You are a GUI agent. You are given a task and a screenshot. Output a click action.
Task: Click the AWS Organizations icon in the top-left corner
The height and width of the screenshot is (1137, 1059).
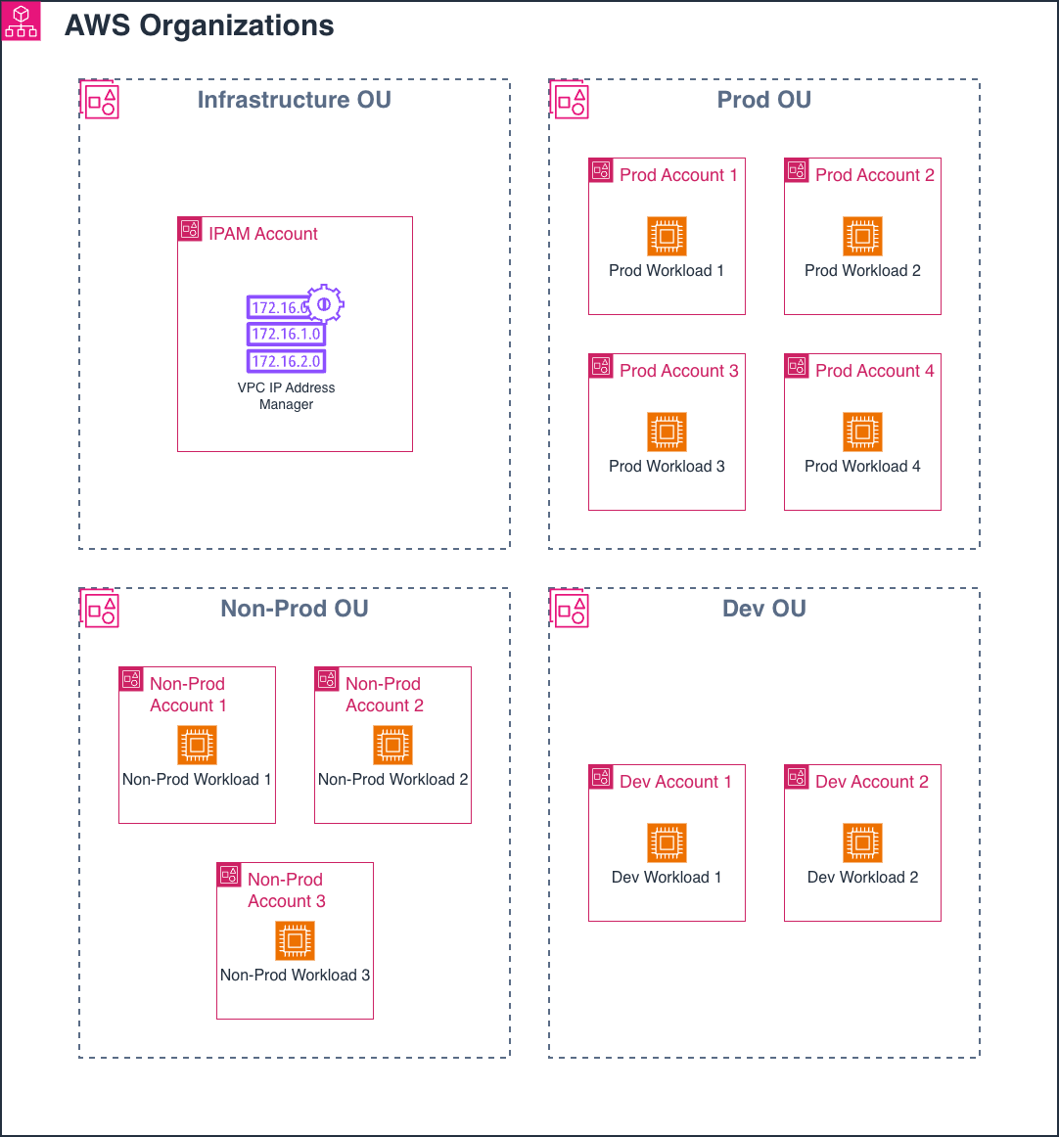pyautogui.click(x=21, y=22)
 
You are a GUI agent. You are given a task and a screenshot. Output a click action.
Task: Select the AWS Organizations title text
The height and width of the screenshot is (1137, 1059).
pyautogui.click(x=199, y=26)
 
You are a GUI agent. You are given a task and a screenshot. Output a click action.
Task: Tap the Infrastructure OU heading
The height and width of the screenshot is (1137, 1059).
pyautogui.click(x=294, y=100)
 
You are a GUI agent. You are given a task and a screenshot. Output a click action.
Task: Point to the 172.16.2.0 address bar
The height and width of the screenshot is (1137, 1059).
pyautogui.click(x=285, y=361)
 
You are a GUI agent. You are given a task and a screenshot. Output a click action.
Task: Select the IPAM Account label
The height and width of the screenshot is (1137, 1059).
pyautogui.click(x=262, y=234)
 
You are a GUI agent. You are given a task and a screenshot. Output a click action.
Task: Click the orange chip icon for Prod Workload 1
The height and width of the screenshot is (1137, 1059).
pyautogui.click(x=667, y=236)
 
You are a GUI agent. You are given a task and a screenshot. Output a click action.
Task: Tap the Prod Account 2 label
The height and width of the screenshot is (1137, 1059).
pyautogui.click(x=874, y=175)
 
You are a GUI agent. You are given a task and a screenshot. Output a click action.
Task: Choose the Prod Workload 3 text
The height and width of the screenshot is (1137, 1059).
pyautogui.click(x=667, y=467)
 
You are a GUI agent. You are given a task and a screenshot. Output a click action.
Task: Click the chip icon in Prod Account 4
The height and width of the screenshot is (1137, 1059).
pyautogui.click(x=862, y=432)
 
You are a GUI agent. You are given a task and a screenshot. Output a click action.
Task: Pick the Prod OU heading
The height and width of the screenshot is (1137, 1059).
pyautogui.click(x=763, y=100)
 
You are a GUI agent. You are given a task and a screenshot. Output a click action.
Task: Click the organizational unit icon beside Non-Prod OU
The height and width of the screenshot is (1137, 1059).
pyautogui.click(x=100, y=609)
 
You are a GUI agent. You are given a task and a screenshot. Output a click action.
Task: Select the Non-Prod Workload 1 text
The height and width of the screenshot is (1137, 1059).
pyautogui.click(x=196, y=780)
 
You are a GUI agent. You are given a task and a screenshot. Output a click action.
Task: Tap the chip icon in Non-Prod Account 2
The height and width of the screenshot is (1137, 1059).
pyautogui.click(x=392, y=745)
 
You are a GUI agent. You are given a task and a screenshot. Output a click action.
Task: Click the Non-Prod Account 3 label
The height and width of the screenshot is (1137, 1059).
pyautogui.click(x=286, y=890)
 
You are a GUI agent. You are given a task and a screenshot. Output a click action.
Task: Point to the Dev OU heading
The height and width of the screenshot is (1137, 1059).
pyautogui.click(x=763, y=609)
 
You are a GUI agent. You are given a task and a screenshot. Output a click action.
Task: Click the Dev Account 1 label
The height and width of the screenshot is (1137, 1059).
pyautogui.click(x=675, y=782)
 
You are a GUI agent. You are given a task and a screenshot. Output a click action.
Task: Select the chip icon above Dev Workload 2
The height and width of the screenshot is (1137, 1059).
pyautogui.click(x=862, y=842)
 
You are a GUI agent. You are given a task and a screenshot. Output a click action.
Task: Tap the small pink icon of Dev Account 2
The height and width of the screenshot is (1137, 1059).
pyautogui.click(x=797, y=777)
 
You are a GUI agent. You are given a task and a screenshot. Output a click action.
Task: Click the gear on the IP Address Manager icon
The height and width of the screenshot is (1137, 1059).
pyautogui.click(x=324, y=304)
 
